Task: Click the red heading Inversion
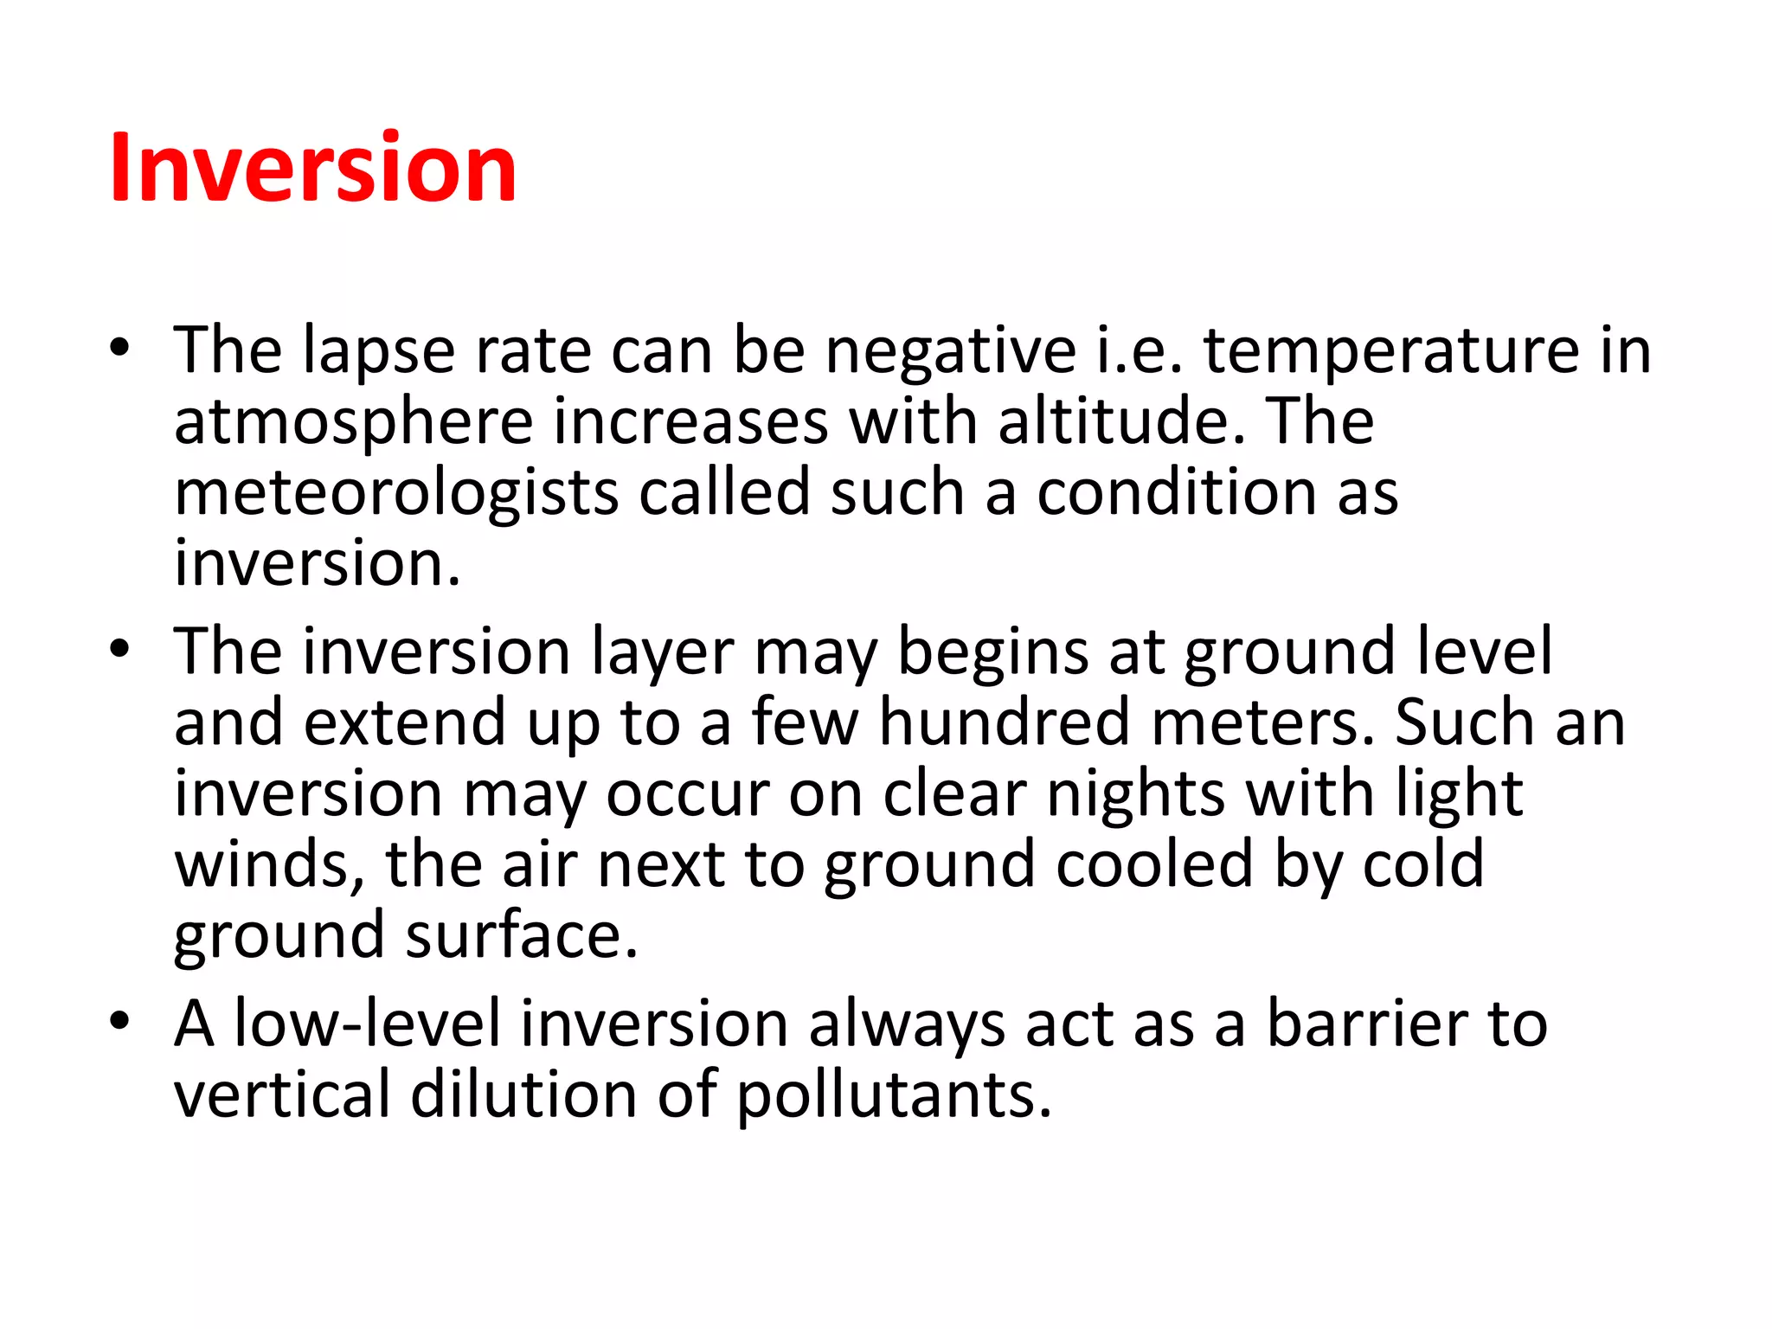point(313,169)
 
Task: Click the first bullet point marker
point(119,349)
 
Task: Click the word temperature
point(1391,353)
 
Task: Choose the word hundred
point(1004,723)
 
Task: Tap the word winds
point(270,865)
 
